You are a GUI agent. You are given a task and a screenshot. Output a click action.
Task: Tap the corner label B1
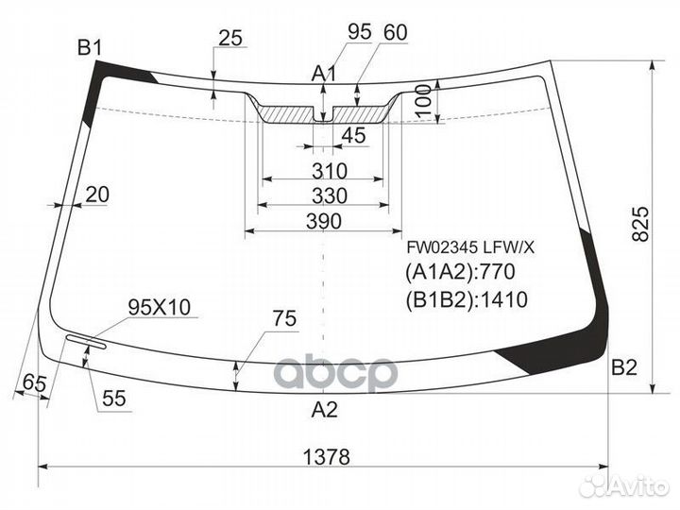pos(91,47)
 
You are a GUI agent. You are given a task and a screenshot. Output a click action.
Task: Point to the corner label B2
pos(624,367)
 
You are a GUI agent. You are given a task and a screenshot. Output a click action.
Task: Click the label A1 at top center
pos(325,74)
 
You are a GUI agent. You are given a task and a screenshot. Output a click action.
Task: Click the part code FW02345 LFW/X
pos(469,247)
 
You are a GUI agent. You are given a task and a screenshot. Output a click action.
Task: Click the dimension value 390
pos(323,221)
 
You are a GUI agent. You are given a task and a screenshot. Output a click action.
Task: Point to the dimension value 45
pos(352,136)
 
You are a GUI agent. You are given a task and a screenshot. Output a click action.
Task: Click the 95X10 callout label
pos(159,307)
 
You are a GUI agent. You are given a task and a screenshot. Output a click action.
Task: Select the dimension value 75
pos(284,319)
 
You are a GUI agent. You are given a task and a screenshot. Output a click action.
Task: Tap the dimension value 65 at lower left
pos(34,382)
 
